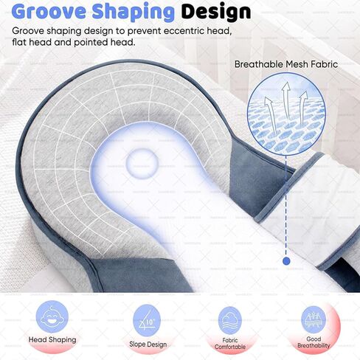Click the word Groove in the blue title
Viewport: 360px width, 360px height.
point(49,11)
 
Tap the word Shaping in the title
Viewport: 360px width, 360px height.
point(134,13)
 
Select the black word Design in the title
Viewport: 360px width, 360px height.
point(216,12)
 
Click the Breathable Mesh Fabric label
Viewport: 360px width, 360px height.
point(286,64)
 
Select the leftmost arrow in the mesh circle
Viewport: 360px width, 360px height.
point(271,112)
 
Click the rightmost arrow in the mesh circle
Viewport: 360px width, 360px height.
point(303,108)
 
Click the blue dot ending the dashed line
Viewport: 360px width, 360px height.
point(286,261)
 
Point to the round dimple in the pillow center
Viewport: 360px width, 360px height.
point(142,163)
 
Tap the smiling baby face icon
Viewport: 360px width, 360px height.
point(52,317)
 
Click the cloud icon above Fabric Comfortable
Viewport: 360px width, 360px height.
point(230,320)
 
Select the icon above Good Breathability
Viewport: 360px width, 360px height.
point(314,319)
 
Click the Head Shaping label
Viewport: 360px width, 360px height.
point(52,340)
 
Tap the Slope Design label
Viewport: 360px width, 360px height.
point(148,345)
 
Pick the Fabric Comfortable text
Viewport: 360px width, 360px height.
point(230,344)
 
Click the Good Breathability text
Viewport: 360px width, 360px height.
point(314,342)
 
